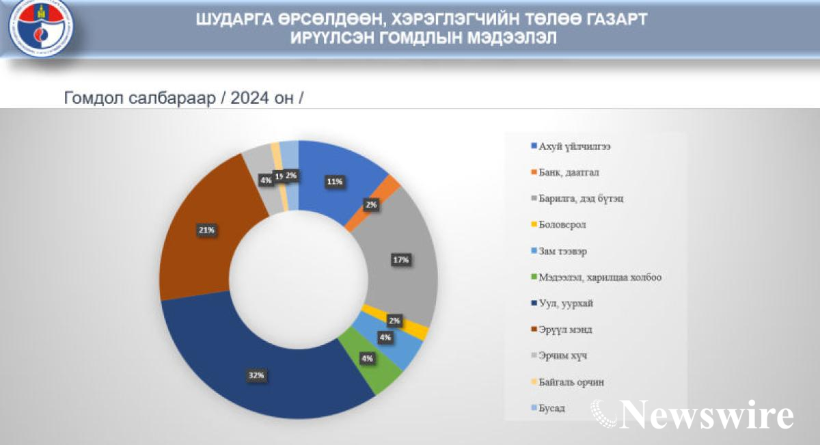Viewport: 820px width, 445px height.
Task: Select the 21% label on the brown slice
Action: [207, 230]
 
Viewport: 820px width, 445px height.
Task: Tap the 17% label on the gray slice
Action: [400, 260]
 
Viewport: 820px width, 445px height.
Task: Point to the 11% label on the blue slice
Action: [334, 182]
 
